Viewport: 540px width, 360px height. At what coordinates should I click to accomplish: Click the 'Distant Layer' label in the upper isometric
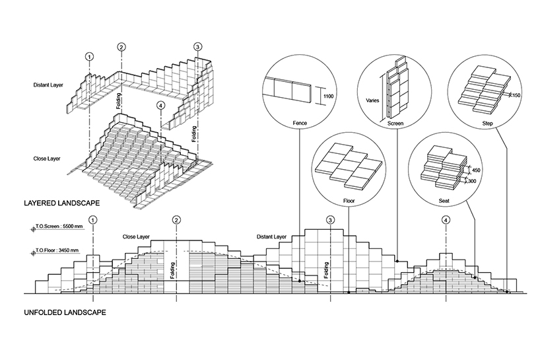(x=50, y=86)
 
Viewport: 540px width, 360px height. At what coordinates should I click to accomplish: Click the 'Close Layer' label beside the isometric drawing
(x=48, y=159)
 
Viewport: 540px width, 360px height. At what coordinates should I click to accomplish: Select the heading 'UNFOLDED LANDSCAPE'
(x=66, y=311)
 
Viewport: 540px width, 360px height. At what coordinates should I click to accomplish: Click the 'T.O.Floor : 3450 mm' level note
(x=57, y=251)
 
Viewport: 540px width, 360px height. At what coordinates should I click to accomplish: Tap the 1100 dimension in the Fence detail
(x=329, y=96)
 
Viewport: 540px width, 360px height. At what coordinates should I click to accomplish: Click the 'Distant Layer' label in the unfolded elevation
(x=271, y=236)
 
